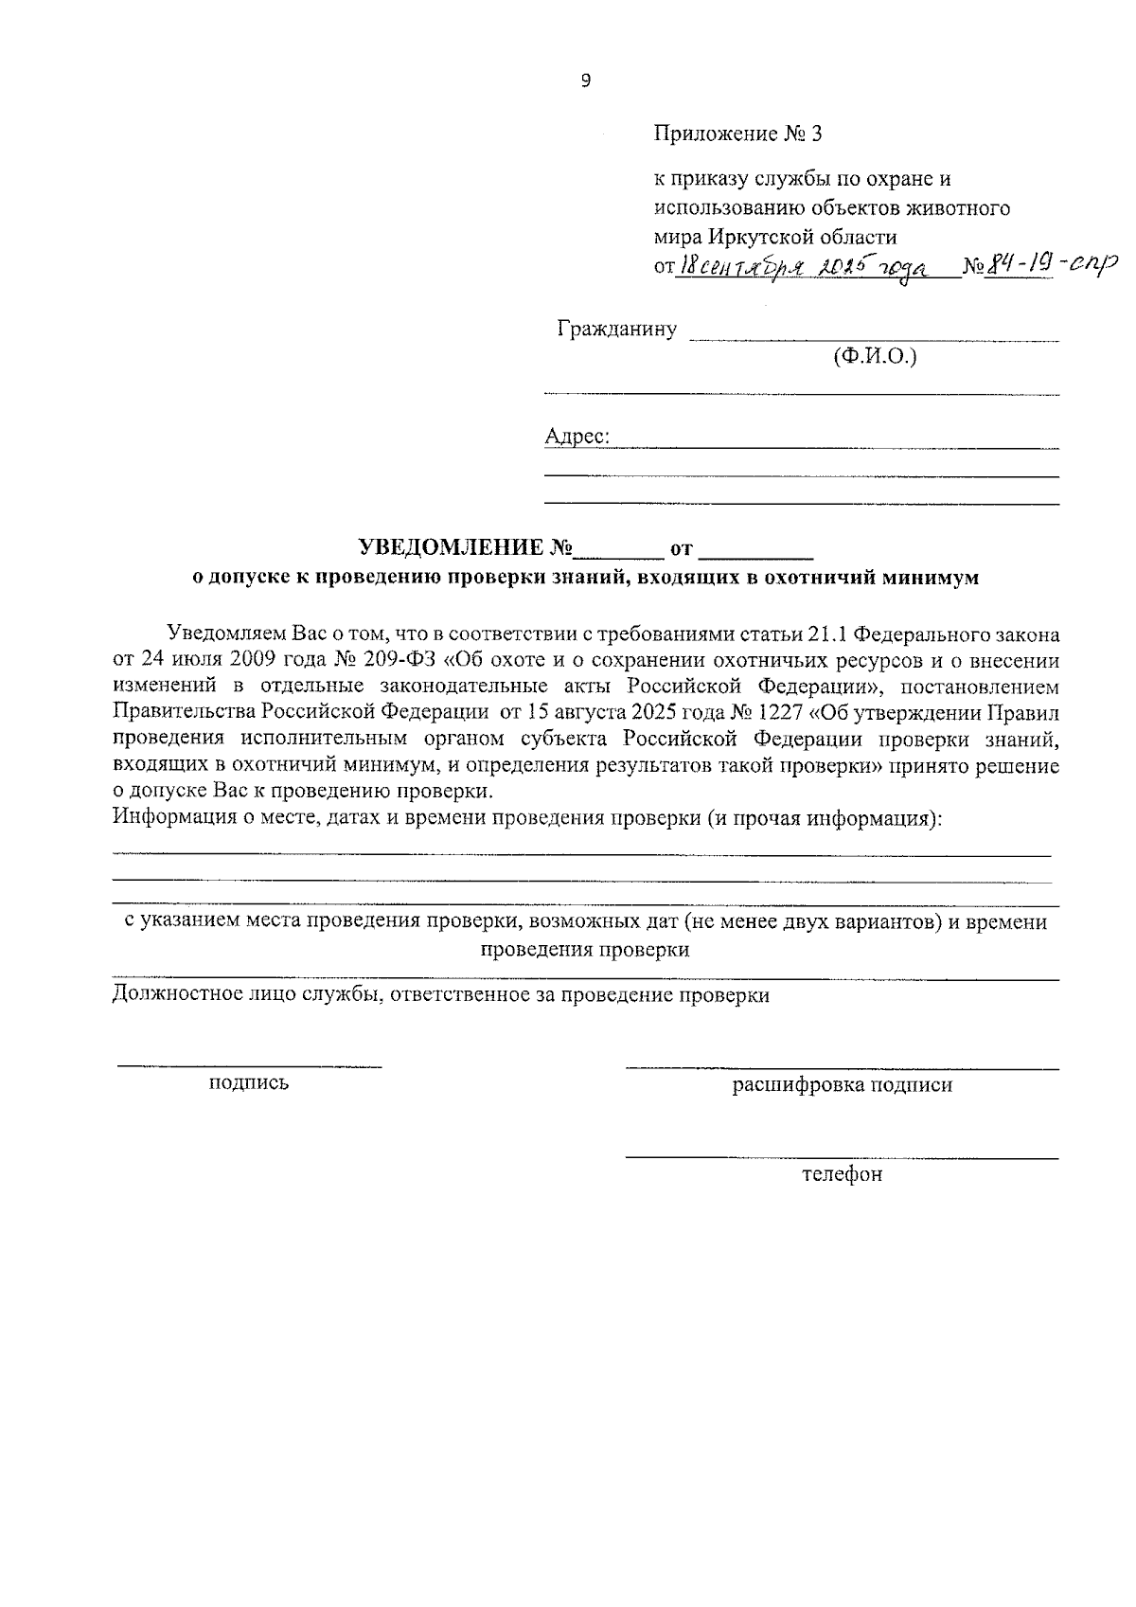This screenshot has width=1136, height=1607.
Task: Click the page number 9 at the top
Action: (584, 81)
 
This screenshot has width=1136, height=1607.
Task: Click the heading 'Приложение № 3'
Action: (738, 134)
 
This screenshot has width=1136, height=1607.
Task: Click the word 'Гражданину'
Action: (617, 330)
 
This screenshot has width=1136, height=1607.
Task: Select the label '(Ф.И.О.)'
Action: (876, 356)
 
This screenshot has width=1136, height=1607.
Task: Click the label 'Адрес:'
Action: (577, 437)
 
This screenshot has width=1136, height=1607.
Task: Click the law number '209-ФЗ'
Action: (398, 660)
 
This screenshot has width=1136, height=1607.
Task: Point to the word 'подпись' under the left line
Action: (249, 1082)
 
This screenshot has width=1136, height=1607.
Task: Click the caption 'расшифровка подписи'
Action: (842, 1085)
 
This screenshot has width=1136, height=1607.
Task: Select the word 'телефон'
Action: (842, 1174)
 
